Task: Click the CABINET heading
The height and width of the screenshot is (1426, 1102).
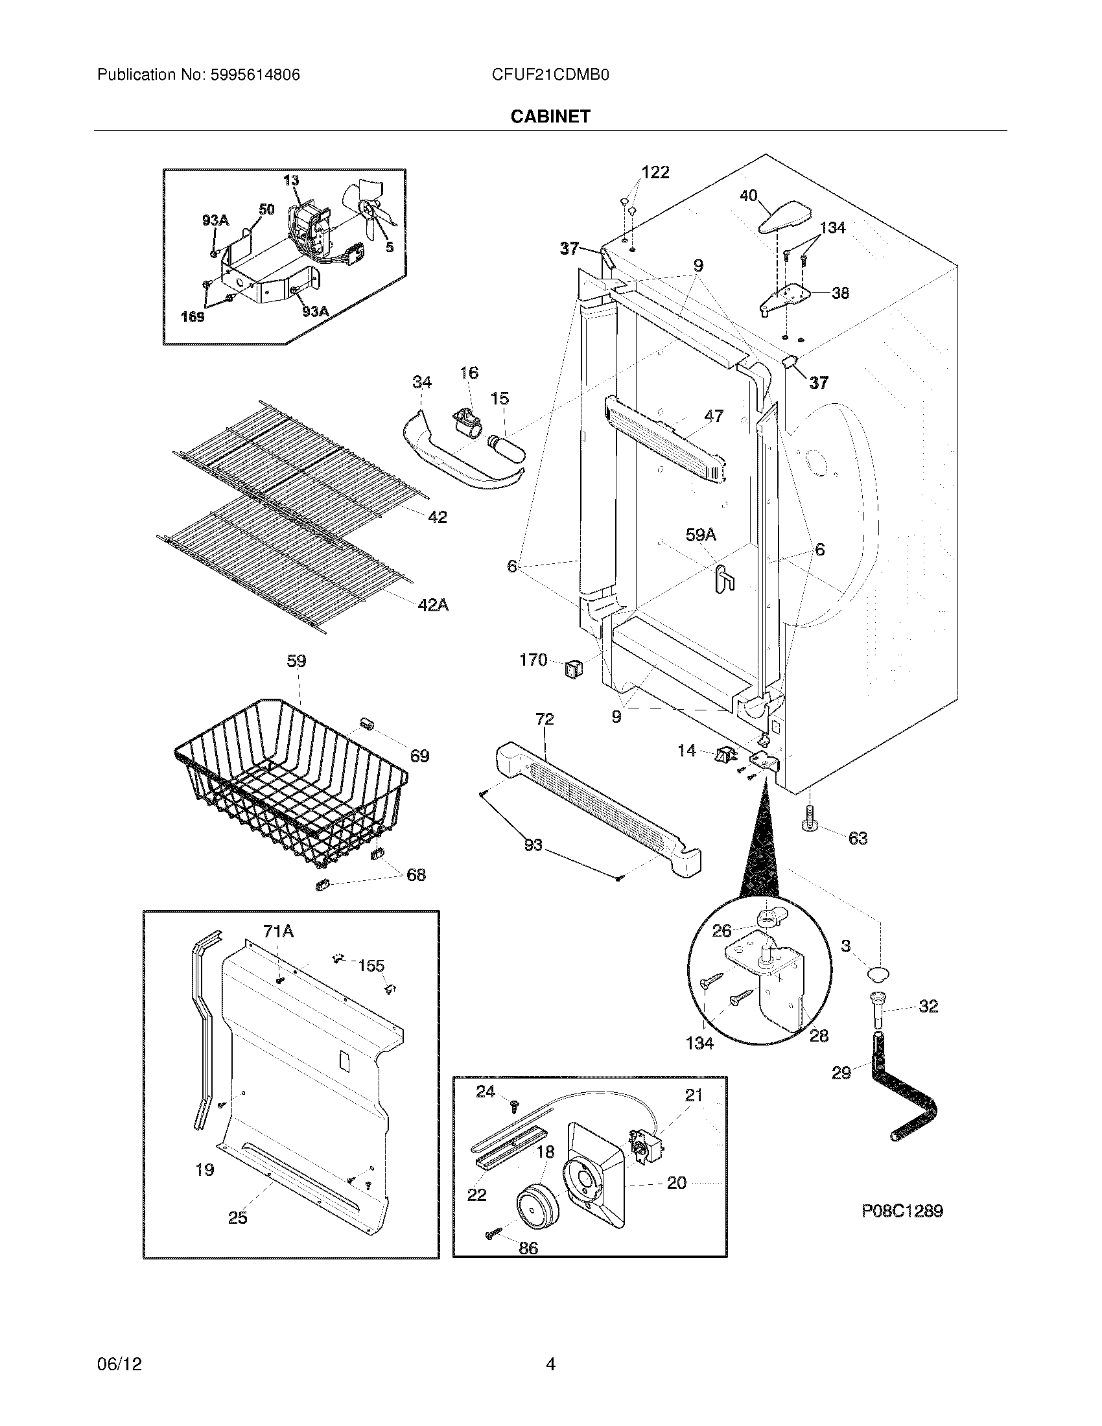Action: click(550, 116)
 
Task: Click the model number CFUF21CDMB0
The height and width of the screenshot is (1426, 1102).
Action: click(550, 75)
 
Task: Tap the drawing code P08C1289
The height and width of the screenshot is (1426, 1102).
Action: click(902, 1211)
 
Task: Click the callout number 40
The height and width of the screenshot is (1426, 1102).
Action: click(748, 195)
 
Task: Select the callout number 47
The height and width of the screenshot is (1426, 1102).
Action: click(714, 415)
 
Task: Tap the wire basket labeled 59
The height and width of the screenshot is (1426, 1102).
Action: click(290, 784)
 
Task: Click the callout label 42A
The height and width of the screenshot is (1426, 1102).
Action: click(433, 605)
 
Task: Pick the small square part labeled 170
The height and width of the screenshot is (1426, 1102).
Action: click(572, 668)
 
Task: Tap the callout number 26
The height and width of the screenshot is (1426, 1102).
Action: click(721, 930)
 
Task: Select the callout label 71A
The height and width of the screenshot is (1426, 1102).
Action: click(278, 931)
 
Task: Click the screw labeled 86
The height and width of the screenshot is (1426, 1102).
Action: click(492, 1234)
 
